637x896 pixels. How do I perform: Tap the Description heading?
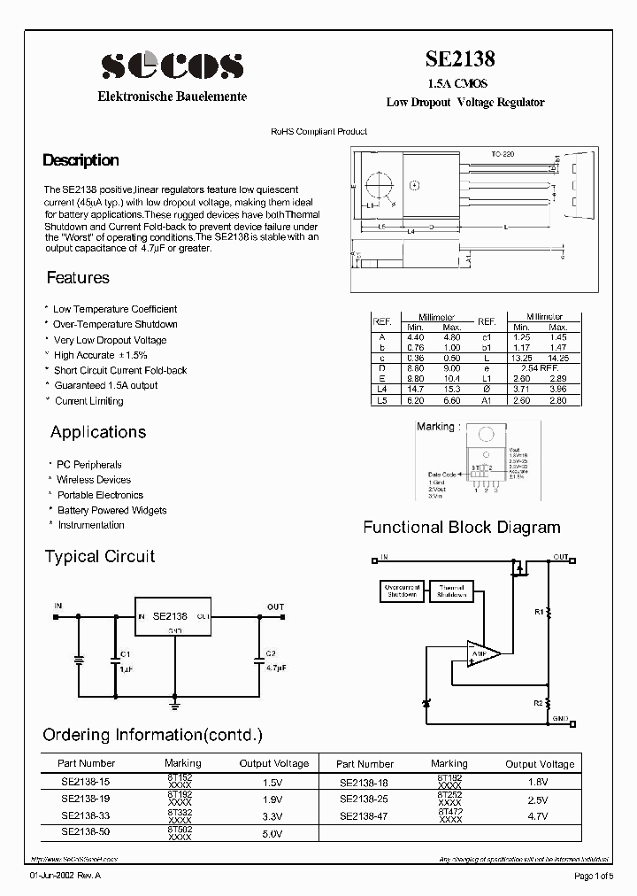81,160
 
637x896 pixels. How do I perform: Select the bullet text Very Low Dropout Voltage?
110,340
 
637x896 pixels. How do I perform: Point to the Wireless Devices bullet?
94,480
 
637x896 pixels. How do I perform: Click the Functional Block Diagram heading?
461,528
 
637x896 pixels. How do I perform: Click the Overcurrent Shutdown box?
403,591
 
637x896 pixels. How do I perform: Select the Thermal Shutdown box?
450,591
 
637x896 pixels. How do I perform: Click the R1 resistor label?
539,612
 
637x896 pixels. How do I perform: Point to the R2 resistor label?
539,702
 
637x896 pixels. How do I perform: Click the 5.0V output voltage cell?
272,833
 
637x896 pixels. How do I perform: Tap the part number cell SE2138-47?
364,815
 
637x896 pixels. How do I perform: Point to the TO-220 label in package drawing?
503,154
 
